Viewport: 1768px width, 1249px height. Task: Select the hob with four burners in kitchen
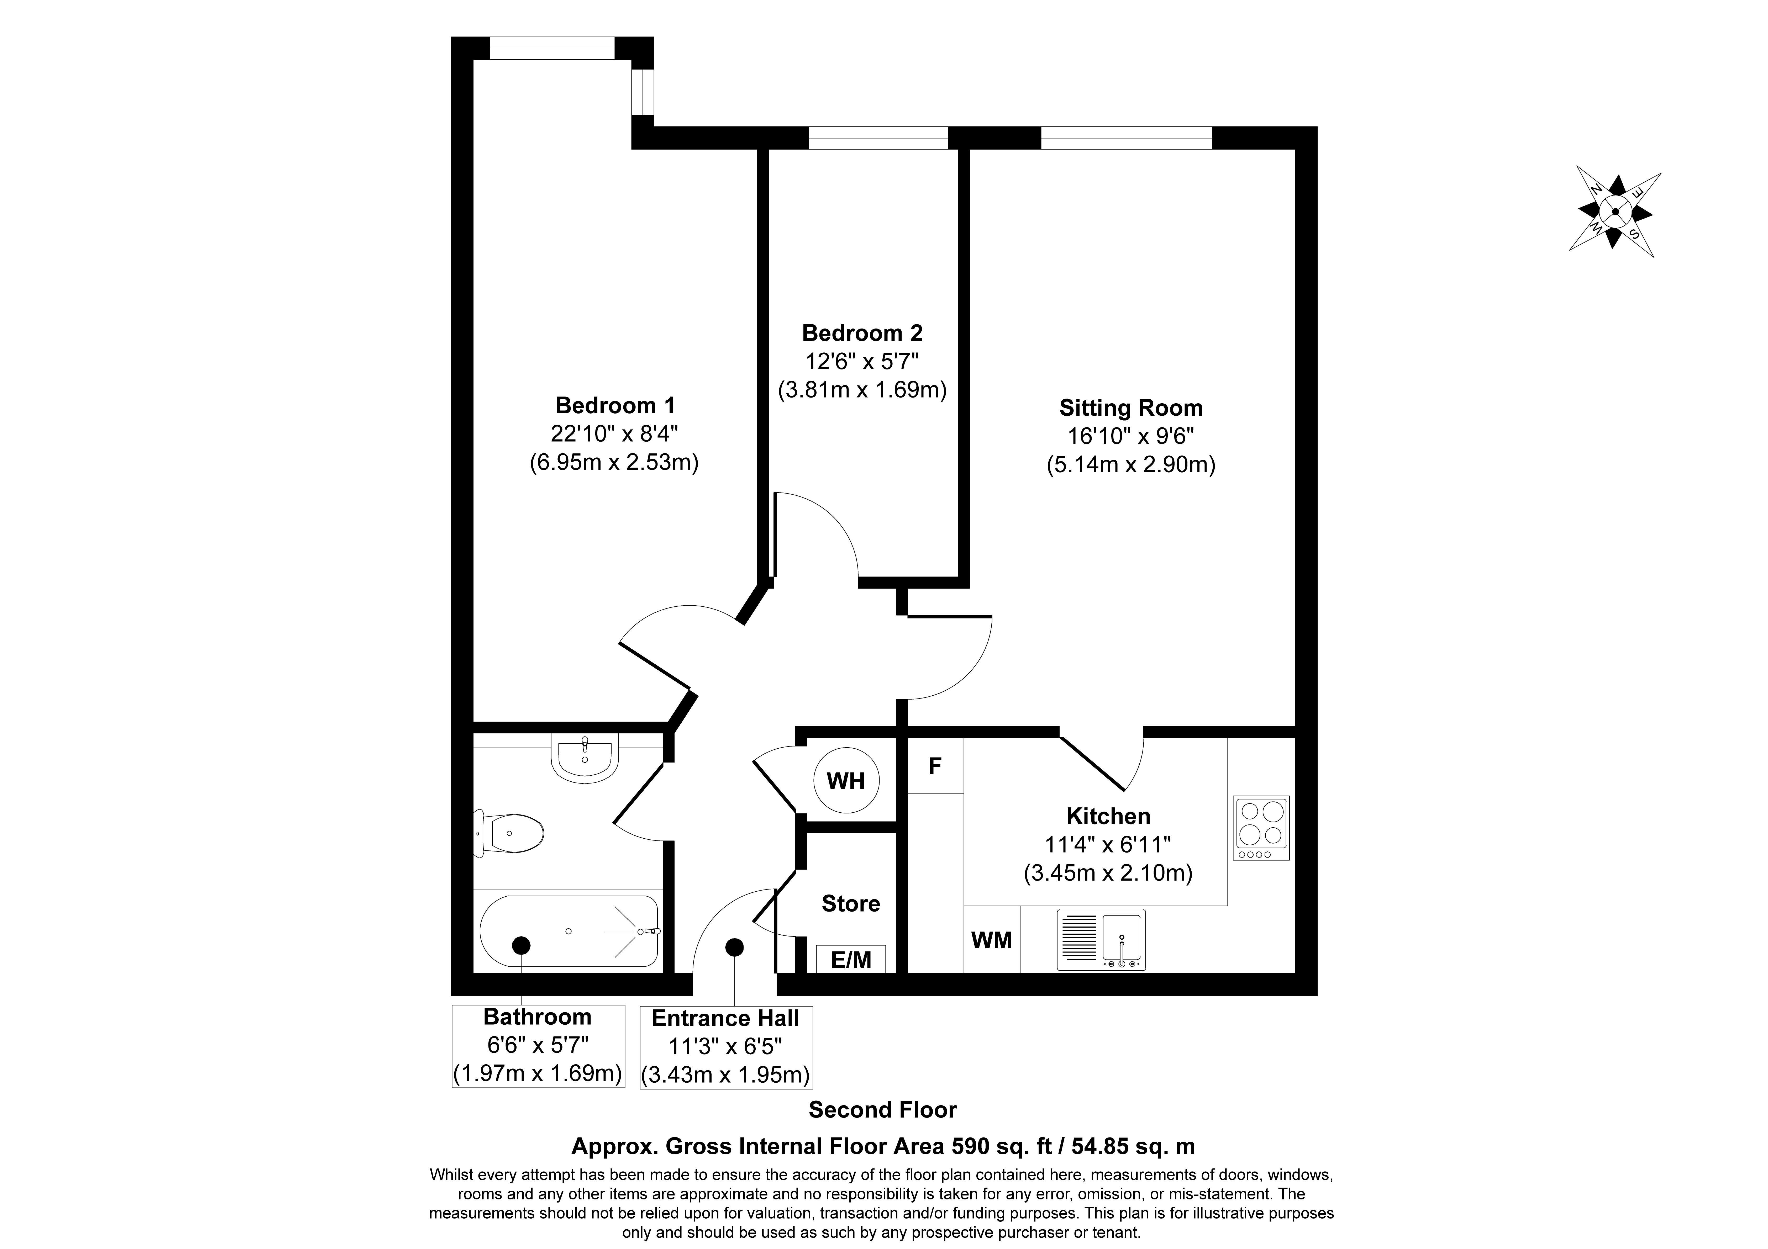pos(1261,828)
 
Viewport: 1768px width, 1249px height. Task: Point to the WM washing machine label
pos(992,940)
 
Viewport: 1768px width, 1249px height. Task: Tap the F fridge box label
pos(936,766)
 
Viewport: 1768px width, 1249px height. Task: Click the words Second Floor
pos(882,1110)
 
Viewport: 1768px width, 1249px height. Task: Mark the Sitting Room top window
pos(1127,138)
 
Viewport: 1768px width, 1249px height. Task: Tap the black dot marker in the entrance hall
pos(735,947)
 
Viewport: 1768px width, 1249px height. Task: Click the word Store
pos(851,903)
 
